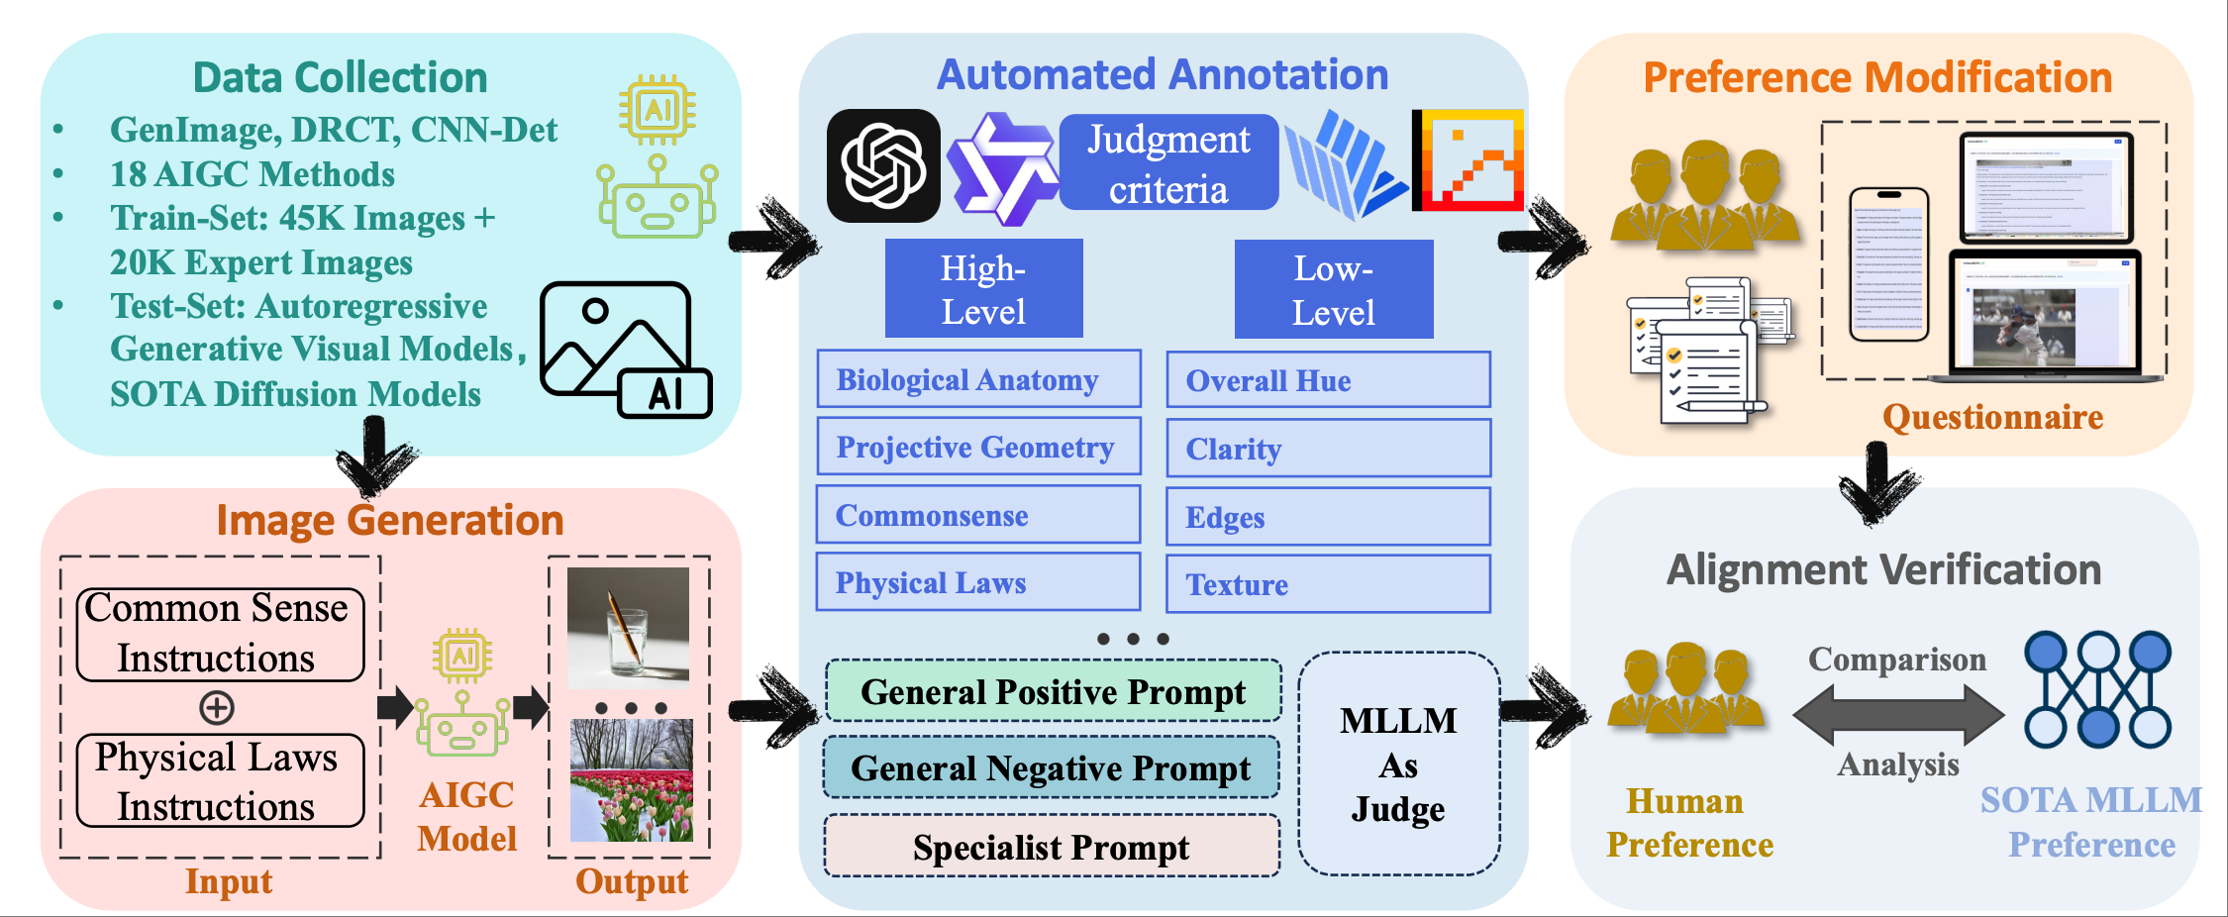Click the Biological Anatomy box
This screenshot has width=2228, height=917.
coord(978,379)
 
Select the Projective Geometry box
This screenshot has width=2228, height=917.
coord(978,447)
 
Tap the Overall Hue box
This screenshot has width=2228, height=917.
coord(1328,380)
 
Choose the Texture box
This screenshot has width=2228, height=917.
coord(1328,584)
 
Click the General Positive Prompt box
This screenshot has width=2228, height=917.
coord(1053,691)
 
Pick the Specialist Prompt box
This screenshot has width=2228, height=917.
coord(1052,847)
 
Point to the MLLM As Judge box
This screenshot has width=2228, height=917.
coord(1398,764)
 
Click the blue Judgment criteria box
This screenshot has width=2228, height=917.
coord(1168,163)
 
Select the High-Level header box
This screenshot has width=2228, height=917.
coord(983,289)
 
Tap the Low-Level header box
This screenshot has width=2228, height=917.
coord(1333,289)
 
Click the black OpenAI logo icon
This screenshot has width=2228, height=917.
coord(883,165)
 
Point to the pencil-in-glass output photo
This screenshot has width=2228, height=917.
coord(628,628)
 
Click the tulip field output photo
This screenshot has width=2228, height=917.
coord(632,781)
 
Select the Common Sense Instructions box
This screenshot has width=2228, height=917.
coord(220,634)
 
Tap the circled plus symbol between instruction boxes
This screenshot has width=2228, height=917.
coord(217,707)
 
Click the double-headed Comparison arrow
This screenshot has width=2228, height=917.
coord(1897,714)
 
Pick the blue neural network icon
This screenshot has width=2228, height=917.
coord(2097,689)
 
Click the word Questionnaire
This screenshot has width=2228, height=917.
coord(1992,417)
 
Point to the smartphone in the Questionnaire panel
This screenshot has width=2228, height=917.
coord(1889,264)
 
